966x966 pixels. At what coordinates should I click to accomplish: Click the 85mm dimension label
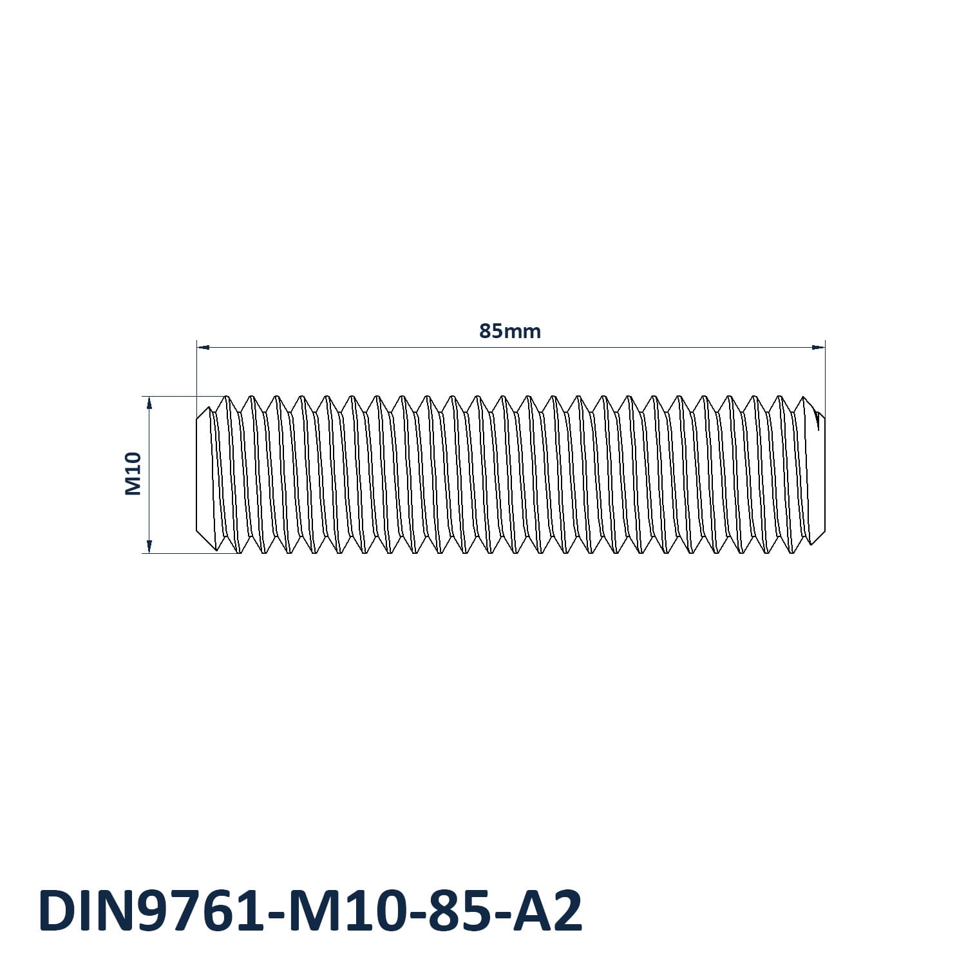point(510,331)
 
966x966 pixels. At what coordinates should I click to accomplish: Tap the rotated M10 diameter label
point(133,474)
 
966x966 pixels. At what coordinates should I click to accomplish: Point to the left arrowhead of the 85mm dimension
point(203,348)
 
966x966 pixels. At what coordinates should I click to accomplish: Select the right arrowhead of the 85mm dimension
point(819,348)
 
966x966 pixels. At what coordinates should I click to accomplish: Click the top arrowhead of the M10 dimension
point(149,403)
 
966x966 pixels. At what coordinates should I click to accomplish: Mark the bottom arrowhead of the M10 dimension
point(149,546)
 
